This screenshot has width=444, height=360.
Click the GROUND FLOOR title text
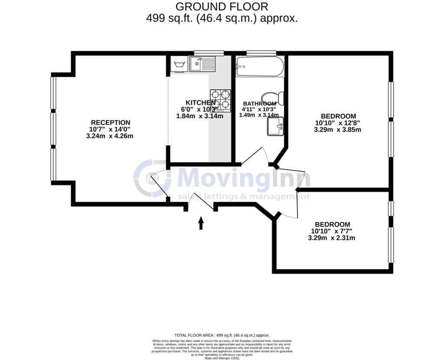(222, 7)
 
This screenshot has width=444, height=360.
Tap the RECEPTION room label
(110, 122)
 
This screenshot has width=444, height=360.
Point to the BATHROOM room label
(259, 103)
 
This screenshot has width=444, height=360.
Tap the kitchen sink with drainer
(202, 64)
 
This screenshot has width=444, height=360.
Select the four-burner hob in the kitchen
(220, 100)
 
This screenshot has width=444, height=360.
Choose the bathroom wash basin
(275, 126)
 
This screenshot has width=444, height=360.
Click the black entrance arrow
(201, 223)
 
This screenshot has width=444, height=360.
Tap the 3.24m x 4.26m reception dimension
(110, 136)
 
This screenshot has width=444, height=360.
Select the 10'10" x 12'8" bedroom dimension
(338, 123)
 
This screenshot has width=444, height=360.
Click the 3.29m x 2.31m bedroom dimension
(332, 238)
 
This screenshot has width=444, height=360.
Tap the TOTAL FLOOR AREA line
(222, 335)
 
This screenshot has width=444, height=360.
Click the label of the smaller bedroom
(332, 224)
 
